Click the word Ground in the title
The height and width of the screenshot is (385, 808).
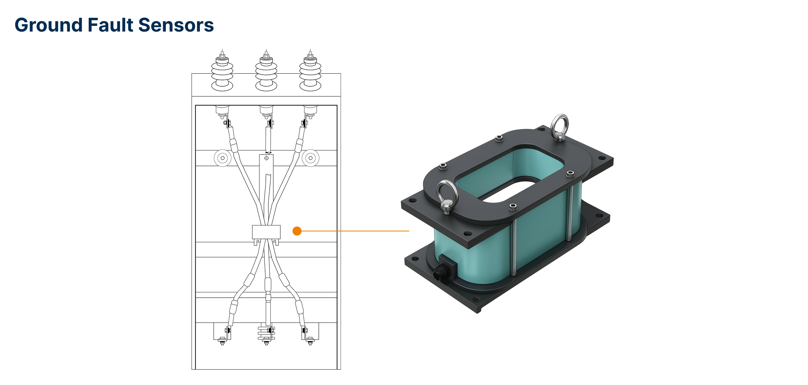pos(49,25)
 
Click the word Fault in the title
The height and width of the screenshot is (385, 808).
pos(110,25)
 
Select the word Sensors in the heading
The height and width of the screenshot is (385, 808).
pos(176,25)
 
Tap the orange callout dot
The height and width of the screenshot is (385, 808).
pos(297,231)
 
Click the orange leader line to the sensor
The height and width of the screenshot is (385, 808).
pos(354,231)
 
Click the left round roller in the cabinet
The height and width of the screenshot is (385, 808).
pos(222,158)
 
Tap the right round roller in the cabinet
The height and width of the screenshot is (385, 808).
pos(310,158)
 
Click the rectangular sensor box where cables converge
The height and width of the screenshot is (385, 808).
pos(266,232)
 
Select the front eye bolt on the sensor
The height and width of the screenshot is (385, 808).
pos(446,196)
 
